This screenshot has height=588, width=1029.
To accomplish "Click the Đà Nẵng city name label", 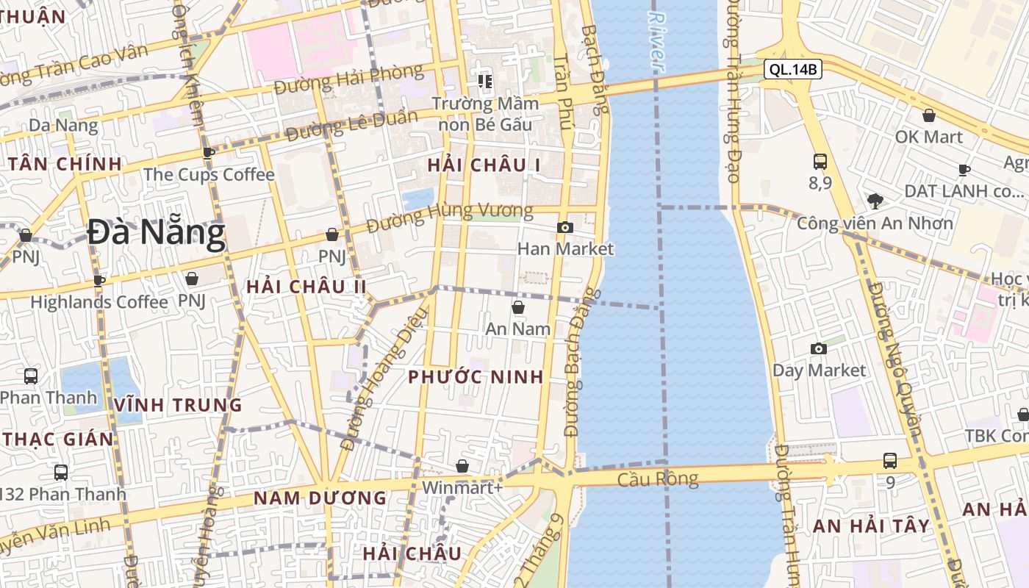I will (156, 234).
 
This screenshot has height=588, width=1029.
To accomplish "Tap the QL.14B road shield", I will (792, 70).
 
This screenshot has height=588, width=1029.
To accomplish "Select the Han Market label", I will (565, 248).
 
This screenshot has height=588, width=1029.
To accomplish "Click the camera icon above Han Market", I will (564, 228).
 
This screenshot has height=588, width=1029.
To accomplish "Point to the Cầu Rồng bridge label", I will (658, 479).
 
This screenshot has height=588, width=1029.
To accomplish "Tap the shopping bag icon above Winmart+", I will (462, 466).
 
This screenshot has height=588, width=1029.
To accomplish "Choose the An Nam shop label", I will (518, 329).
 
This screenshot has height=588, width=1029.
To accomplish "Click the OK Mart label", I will (928, 137).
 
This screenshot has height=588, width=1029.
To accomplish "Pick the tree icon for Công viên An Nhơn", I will (875, 200).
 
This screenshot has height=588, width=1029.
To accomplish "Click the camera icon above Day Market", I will (818, 348).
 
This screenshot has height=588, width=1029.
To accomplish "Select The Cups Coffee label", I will (209, 175).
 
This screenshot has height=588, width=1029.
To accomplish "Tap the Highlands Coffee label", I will (99, 301).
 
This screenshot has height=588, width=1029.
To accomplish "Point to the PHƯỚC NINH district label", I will (476, 377).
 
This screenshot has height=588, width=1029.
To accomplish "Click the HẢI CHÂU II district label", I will (306, 287).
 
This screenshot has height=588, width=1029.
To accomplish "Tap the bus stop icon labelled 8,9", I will (820, 162).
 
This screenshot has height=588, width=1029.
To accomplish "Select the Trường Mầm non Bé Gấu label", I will (484, 113).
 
